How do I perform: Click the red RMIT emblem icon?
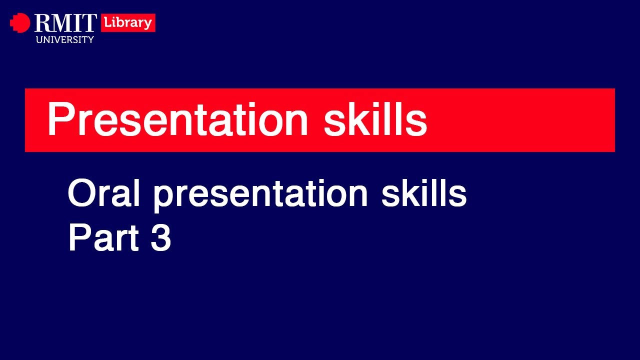pyautogui.click(x=20, y=23)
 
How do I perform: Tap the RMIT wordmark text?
pyautogui.click(x=65, y=23)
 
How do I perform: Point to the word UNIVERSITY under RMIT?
pyautogui.click(x=65, y=39)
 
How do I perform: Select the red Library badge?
pyautogui.click(x=128, y=23)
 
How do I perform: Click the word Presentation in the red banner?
pyautogui.click(x=177, y=120)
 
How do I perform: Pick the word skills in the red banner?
pyautogui.click(x=375, y=120)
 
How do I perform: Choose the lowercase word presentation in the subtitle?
pyautogui.click(x=260, y=195)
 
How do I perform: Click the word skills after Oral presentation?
pyautogui.click(x=424, y=194)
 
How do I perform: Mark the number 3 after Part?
pyautogui.click(x=160, y=238)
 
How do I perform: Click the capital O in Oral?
pyautogui.click(x=81, y=194)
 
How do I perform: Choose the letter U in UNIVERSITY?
pyautogui.click(x=39, y=39)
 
